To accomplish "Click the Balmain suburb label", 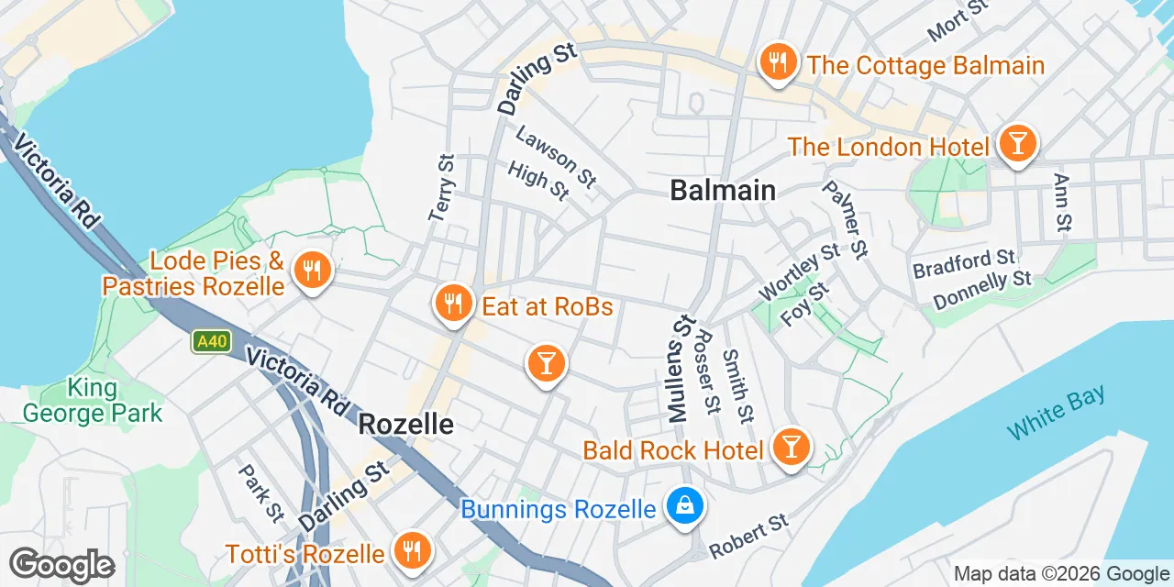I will (x=723, y=190).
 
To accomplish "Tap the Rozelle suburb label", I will (x=406, y=424).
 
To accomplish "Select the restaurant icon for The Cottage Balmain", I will (x=778, y=63).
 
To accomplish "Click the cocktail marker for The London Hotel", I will (x=1016, y=144).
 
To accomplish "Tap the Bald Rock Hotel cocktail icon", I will (x=789, y=448).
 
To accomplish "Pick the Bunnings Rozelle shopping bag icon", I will (x=684, y=505).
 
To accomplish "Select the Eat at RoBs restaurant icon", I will (x=452, y=303).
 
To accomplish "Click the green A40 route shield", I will (x=211, y=341).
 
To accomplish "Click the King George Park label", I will (x=92, y=401).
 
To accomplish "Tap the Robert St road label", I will (x=749, y=537).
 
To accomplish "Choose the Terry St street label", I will (x=441, y=188).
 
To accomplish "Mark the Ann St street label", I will (x=1063, y=203).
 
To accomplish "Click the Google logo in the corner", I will (x=61, y=565).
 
